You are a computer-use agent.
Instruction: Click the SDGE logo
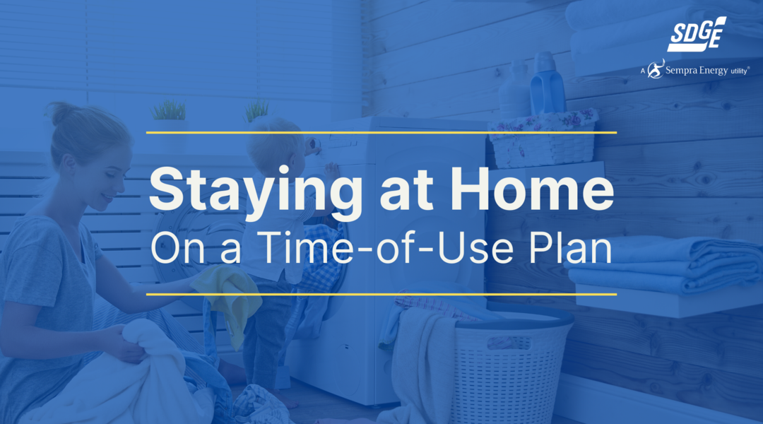[x=697, y=34]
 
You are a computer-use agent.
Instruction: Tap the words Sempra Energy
[x=697, y=71]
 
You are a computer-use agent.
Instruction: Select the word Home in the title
[x=532, y=189]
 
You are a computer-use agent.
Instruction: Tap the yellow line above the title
[x=381, y=132]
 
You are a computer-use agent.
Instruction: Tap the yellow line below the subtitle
[x=381, y=294]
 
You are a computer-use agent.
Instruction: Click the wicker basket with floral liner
[x=543, y=139]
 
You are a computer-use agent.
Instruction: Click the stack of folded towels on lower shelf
[x=665, y=265]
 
